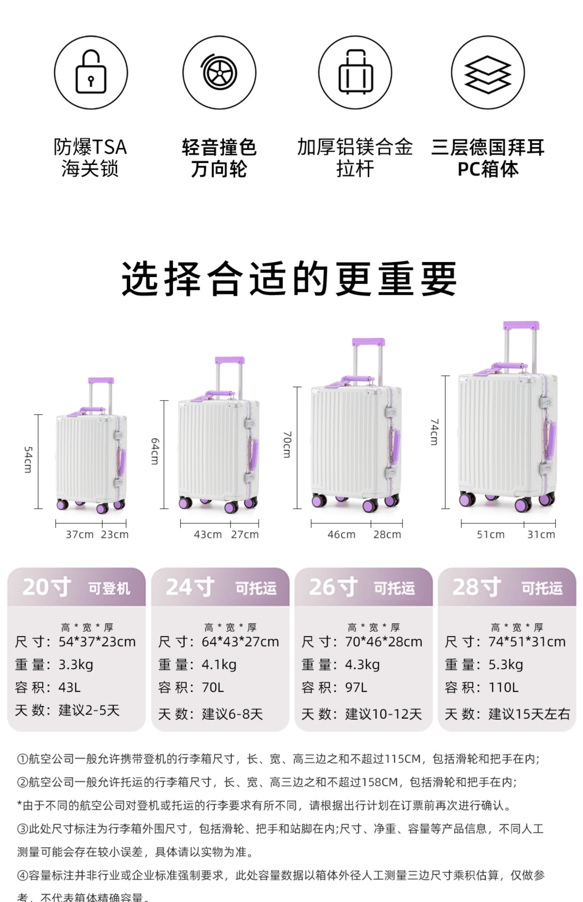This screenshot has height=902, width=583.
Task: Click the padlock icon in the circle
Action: point(91,72)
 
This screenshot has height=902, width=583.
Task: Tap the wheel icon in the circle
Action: point(219,73)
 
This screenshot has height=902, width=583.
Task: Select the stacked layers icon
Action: point(488,73)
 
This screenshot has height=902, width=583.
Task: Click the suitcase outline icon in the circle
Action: point(355,72)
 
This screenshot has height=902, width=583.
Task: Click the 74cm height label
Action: point(434,432)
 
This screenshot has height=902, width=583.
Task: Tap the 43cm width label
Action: point(208,535)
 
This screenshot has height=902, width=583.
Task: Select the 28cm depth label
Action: point(387,535)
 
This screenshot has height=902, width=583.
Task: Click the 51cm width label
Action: point(490,535)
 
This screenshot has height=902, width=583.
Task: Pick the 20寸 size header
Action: point(47,587)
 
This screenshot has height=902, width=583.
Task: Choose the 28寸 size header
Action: point(476,587)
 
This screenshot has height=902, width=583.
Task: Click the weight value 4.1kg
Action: point(219,665)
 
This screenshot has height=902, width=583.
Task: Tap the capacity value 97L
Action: point(356,688)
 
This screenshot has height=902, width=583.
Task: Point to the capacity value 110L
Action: point(504,688)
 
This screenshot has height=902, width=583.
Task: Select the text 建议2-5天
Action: point(89,710)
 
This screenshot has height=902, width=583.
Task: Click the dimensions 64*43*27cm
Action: point(240,642)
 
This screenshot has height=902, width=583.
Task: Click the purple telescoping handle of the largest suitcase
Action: point(521,326)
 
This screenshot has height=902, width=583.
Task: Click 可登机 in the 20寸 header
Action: point(109,588)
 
